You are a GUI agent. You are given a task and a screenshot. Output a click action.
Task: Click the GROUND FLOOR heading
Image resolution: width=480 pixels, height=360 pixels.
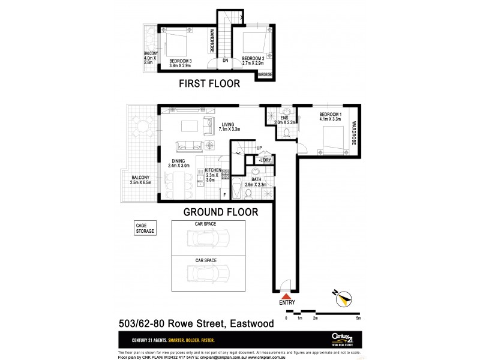click(x=220, y=211)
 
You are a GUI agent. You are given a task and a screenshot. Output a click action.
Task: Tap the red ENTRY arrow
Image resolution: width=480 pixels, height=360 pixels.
click(x=287, y=296)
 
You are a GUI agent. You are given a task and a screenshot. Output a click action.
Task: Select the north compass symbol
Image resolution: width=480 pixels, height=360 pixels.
click(x=344, y=298)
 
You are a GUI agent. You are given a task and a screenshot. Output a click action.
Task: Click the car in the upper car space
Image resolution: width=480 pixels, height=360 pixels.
click(x=205, y=239)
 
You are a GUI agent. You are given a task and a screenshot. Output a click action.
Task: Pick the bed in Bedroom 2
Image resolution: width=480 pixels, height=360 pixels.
click(x=253, y=41)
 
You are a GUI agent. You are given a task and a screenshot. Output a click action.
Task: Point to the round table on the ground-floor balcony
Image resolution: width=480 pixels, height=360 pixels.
click(x=143, y=127)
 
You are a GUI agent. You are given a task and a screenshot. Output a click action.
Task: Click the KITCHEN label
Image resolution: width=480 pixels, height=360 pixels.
click(x=214, y=171)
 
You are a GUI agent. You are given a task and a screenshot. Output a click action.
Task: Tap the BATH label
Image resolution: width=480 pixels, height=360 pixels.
click(x=256, y=179)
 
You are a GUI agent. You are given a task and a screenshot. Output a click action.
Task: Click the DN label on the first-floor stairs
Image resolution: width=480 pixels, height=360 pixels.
click(x=225, y=61)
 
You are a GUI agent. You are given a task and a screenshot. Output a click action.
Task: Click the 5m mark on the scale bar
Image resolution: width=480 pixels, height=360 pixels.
click(x=358, y=318)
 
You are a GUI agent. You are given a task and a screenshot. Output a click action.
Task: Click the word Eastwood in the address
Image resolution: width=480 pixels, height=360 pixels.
click(x=251, y=324)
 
